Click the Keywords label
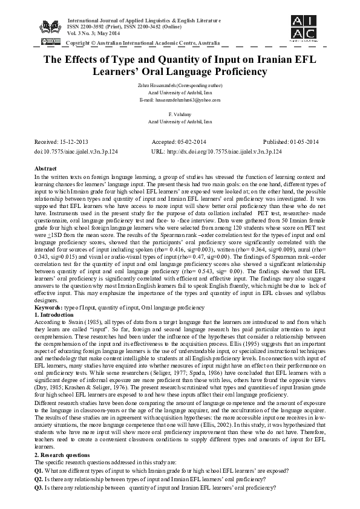point(50,324)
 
